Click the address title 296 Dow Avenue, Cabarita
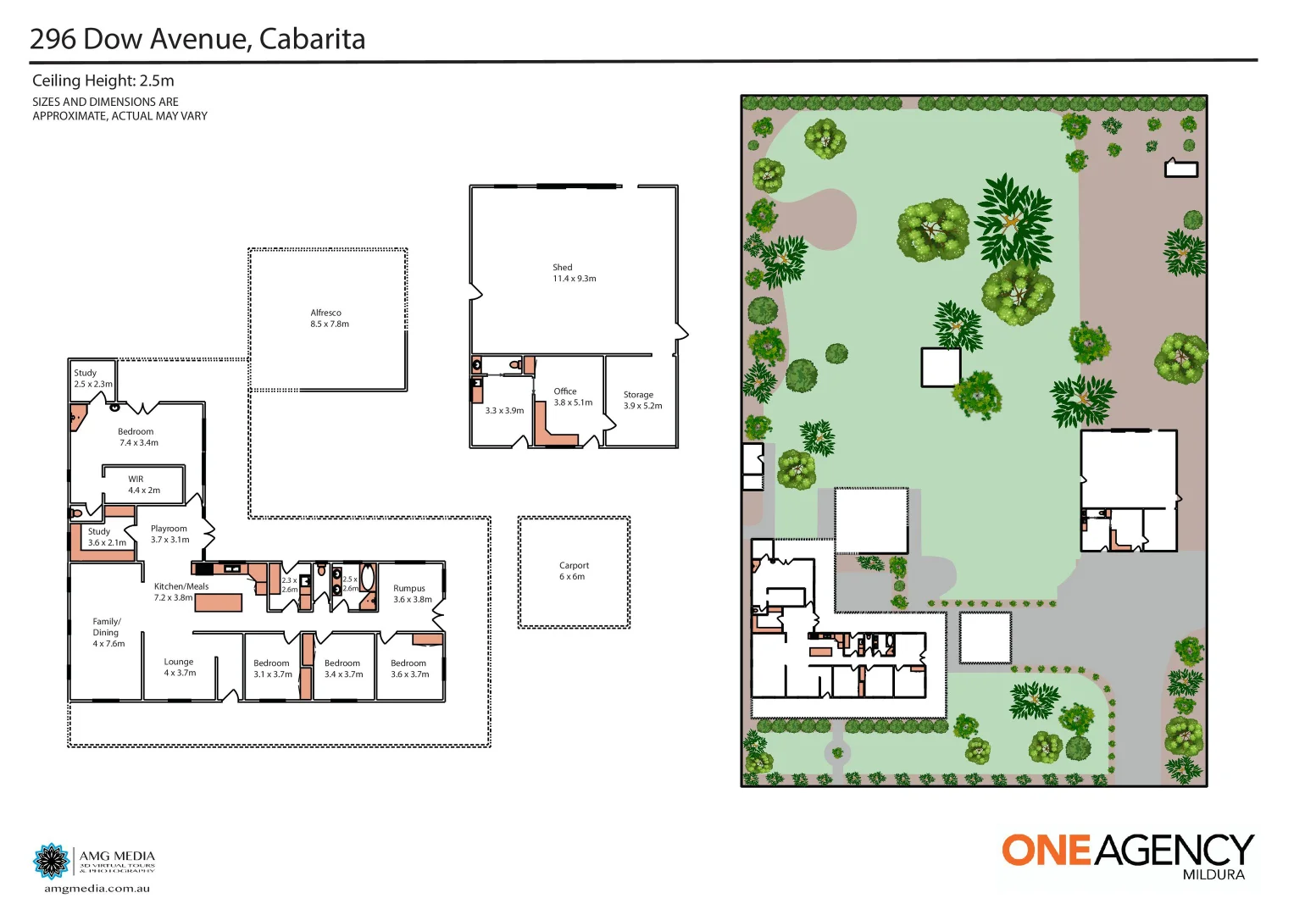(x=197, y=39)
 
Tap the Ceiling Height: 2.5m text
(x=103, y=80)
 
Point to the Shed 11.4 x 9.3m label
(x=574, y=273)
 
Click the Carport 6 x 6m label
(x=574, y=571)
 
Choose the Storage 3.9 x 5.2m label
(x=642, y=400)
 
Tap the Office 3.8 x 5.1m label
(x=573, y=396)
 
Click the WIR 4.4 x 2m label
(x=143, y=485)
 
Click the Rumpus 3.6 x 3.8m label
(x=412, y=594)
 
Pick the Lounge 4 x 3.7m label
(x=180, y=668)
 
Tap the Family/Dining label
(x=108, y=632)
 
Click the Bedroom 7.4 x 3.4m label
(x=137, y=437)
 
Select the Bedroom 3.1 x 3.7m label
(x=272, y=668)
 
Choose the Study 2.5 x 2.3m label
(x=92, y=378)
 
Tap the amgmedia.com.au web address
(x=97, y=889)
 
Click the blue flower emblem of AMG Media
(x=52, y=862)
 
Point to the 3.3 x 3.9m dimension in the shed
(x=504, y=411)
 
